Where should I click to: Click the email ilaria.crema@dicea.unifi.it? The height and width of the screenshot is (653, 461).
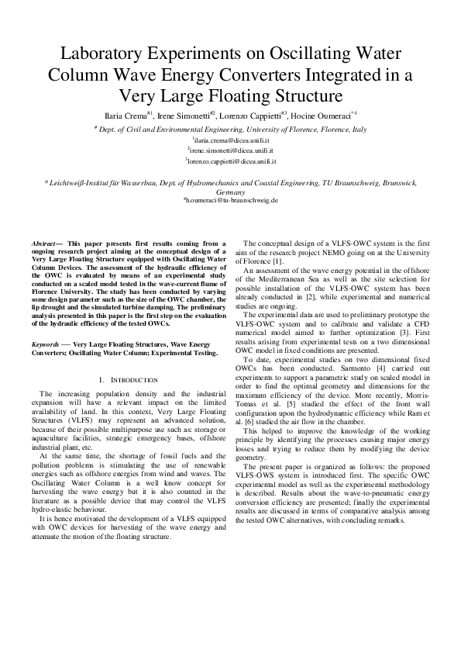[x=230, y=139]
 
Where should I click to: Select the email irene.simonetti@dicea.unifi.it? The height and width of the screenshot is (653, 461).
[x=230, y=149]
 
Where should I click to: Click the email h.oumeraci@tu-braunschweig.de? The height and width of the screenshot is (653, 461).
[x=230, y=200]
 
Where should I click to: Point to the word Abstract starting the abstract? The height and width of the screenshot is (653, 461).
[x=54, y=243]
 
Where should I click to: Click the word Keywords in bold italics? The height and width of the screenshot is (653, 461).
[x=53, y=343]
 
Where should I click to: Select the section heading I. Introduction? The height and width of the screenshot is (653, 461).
[x=129, y=379]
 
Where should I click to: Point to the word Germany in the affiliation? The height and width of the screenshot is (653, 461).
[x=230, y=192]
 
